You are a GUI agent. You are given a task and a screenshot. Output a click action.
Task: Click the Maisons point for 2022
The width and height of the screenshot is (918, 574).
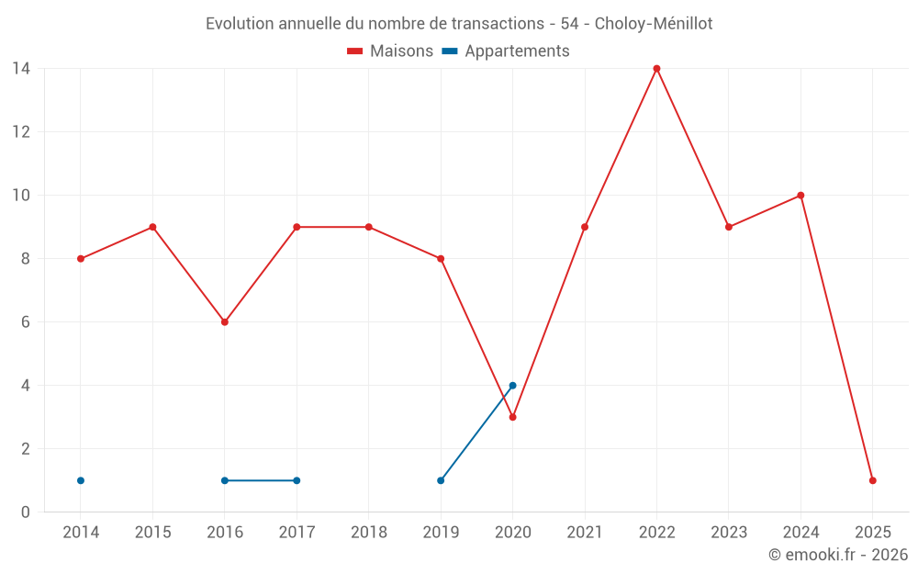point(656,69)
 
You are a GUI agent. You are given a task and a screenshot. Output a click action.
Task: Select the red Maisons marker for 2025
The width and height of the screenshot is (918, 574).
point(872,480)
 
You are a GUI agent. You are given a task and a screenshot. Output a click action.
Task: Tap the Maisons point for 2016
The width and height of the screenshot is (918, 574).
point(225,322)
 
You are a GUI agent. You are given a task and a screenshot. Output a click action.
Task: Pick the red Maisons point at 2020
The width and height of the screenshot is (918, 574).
point(512,417)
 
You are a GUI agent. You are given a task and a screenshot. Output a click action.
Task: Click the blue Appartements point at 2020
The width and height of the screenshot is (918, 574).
point(512,386)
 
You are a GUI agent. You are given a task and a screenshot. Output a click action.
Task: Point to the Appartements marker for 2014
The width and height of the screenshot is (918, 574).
point(81,480)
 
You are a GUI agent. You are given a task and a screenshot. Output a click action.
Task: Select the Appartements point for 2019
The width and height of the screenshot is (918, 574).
point(441,480)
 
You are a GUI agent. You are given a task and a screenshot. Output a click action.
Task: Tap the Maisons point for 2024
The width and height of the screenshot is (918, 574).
point(800,196)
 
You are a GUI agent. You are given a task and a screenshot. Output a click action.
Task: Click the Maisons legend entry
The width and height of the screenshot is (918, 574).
point(390,51)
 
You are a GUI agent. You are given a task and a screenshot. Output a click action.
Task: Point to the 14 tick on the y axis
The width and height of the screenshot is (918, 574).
point(21,69)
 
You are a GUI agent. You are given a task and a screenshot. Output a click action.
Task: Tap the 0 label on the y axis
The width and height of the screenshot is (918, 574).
point(26,512)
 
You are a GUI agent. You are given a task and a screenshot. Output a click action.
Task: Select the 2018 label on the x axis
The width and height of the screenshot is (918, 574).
point(369,533)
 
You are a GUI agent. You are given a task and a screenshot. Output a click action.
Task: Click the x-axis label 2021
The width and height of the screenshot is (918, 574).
point(585,533)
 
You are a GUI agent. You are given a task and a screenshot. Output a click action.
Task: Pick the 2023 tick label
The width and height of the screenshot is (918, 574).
point(729,533)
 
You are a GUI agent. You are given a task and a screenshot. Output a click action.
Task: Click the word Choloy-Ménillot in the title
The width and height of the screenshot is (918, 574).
point(653,24)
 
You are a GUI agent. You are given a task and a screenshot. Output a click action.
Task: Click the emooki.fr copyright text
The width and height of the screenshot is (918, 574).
point(838,556)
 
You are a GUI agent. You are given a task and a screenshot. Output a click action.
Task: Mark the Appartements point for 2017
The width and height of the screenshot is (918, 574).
point(297,480)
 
